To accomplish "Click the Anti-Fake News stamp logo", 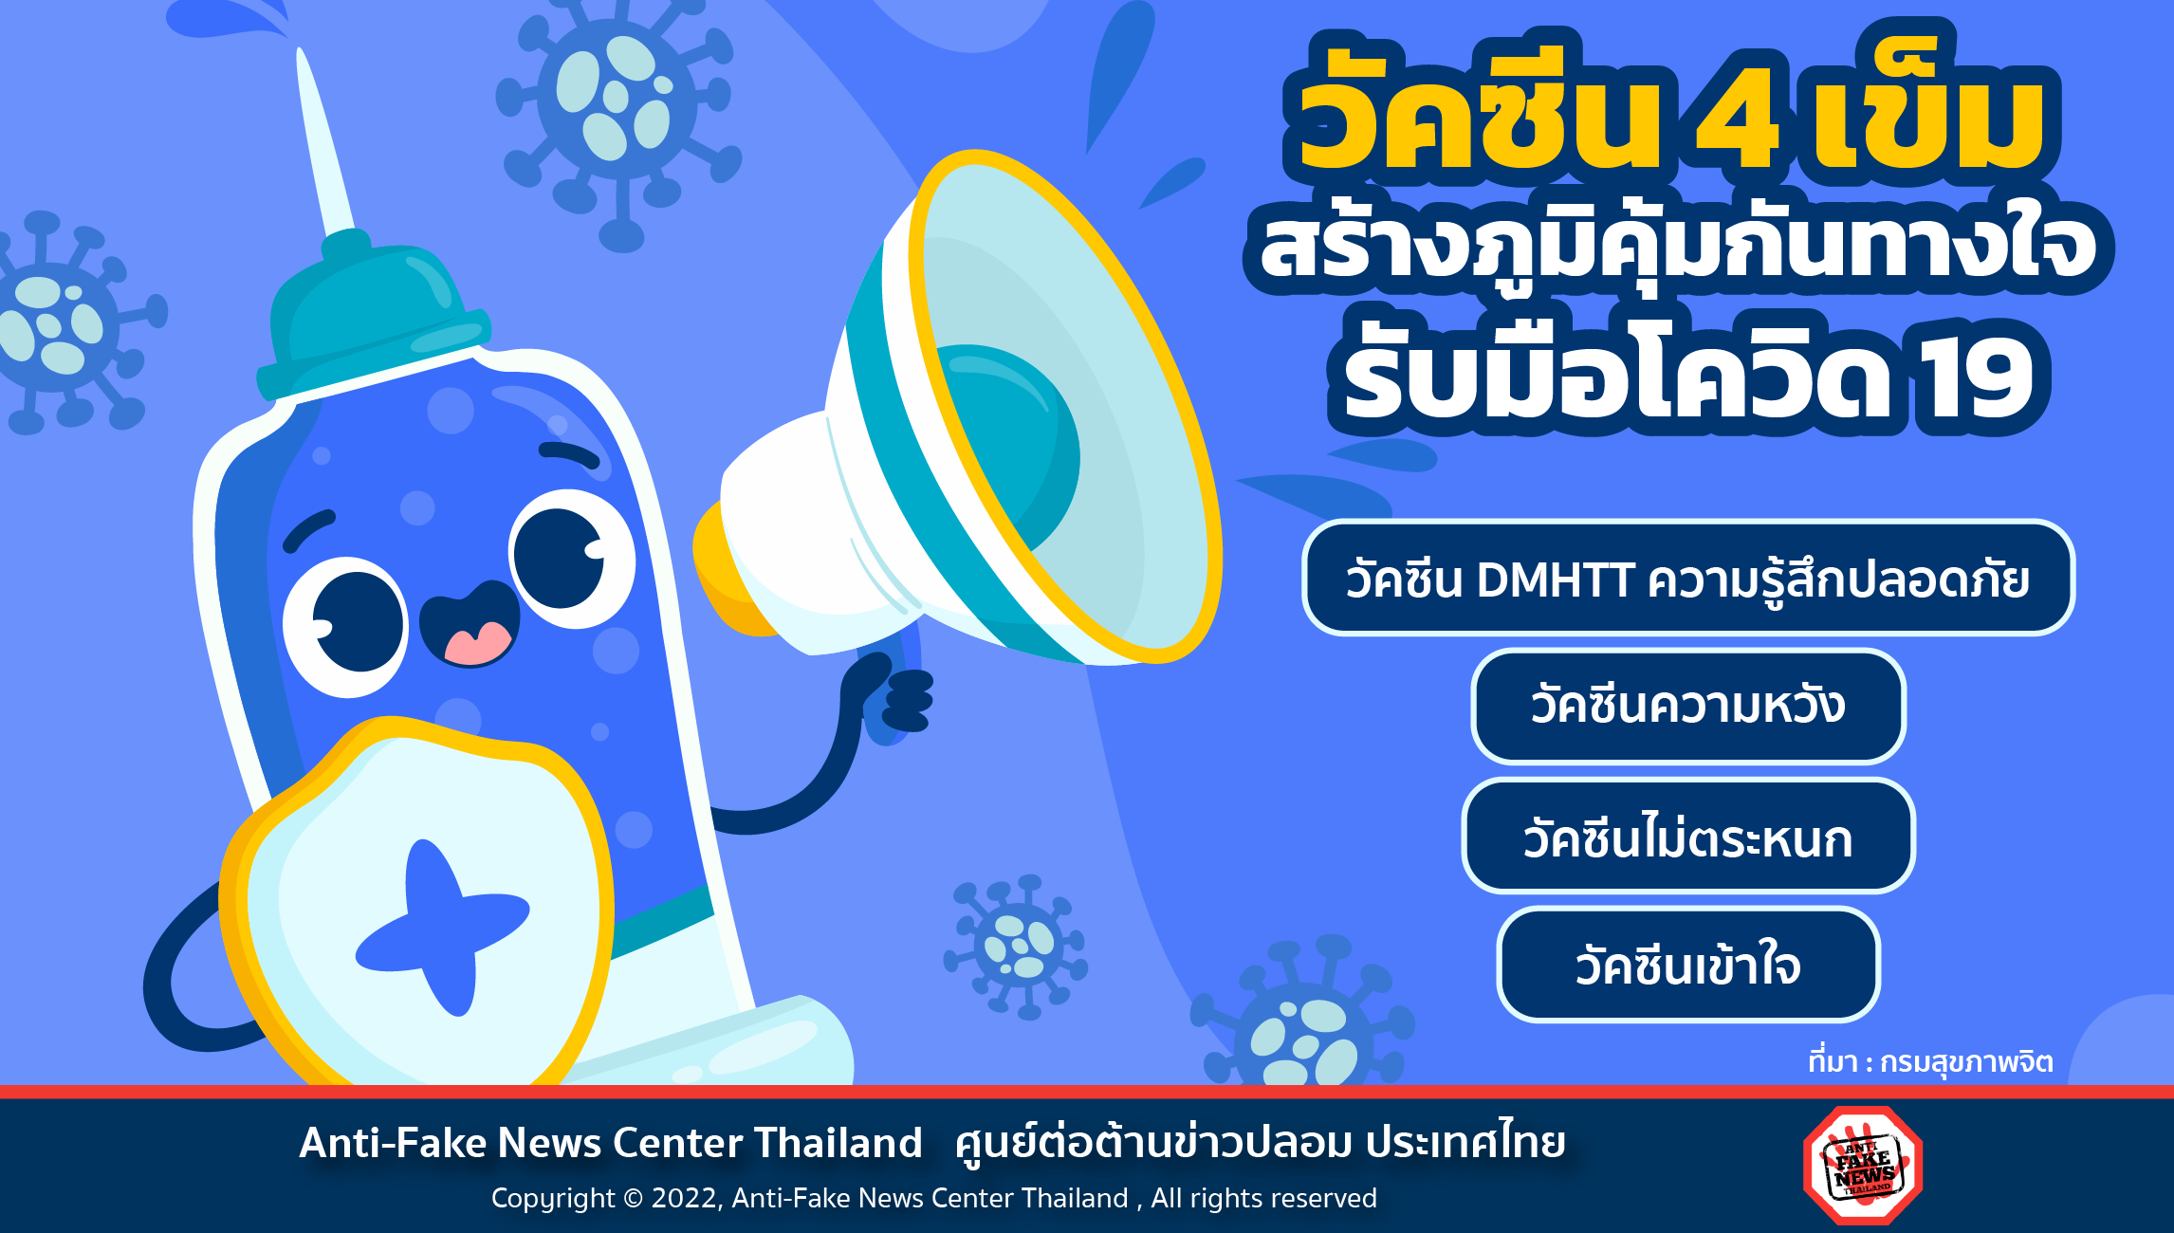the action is (x=1863, y=1165).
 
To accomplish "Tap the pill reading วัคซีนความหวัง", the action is (x=1688, y=706).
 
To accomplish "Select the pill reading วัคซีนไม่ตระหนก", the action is (x=1688, y=836).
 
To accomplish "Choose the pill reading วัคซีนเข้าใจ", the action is (x=1688, y=965).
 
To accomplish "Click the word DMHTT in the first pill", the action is (x=1556, y=580).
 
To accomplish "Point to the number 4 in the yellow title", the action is (x=1737, y=118).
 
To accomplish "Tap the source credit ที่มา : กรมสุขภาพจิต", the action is (x=1930, y=1062).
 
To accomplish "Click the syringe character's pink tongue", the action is (x=477, y=643).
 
